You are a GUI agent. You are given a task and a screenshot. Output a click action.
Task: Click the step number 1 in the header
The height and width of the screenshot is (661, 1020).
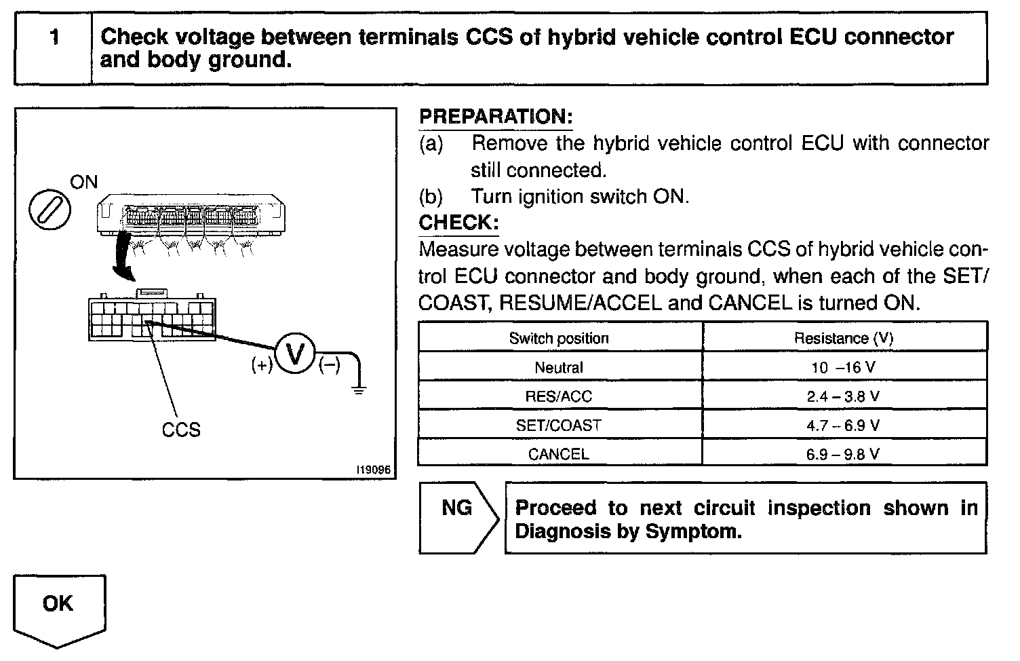[x=54, y=37]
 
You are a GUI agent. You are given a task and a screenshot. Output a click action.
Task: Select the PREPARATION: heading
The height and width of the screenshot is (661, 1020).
[x=496, y=117]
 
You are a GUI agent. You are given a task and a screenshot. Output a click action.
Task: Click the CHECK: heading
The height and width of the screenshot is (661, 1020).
[x=459, y=223]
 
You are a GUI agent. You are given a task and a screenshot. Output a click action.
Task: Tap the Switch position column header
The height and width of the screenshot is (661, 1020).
[x=559, y=338]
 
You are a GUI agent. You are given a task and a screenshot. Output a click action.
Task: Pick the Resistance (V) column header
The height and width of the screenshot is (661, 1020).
[x=843, y=338]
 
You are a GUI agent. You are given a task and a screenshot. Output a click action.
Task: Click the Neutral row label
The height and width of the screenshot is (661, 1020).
[x=559, y=368]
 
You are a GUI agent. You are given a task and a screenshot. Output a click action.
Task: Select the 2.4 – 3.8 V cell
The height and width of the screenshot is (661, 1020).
[x=843, y=396]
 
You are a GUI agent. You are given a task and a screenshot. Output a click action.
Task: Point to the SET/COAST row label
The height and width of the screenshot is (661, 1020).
[x=559, y=426]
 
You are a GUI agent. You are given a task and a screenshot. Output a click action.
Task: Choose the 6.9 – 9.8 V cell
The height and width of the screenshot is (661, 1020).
[x=843, y=454]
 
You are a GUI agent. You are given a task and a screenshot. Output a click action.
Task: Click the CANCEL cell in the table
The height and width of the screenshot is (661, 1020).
[x=559, y=454]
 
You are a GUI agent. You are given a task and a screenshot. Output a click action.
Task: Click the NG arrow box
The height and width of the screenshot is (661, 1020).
[x=458, y=518]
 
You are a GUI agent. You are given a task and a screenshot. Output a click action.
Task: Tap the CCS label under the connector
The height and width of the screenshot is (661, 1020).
[x=181, y=430]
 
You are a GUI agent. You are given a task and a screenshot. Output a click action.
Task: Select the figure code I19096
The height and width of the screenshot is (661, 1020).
[x=376, y=470]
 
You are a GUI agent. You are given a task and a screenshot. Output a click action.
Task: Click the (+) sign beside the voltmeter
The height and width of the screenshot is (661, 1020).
[x=262, y=365]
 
